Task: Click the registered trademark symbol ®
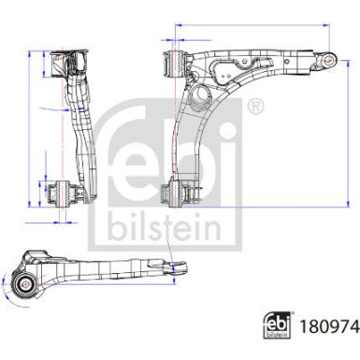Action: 255,107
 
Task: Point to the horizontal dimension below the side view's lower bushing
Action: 64,223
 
